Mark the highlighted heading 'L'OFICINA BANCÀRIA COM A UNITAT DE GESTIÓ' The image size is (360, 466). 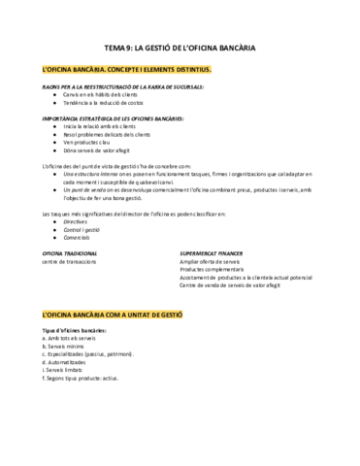[x=113, y=316]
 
